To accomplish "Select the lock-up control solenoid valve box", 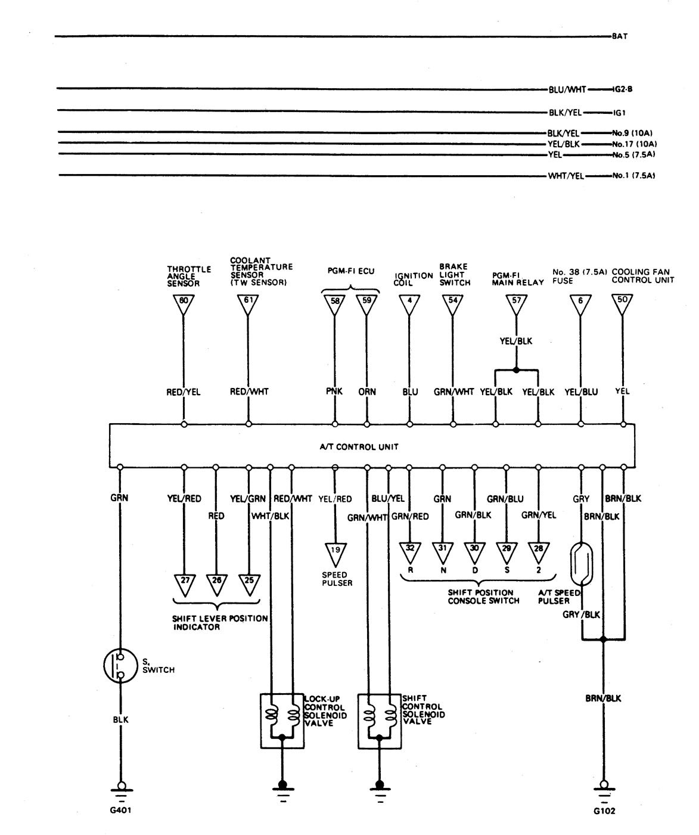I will point(282,720).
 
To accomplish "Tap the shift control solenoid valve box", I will point(378,720).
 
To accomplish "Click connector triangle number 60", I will point(183,303).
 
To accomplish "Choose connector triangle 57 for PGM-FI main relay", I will point(516,303).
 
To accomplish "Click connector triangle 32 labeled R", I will point(409,551).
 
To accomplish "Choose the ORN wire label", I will point(367,392).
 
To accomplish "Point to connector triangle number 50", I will point(623,303).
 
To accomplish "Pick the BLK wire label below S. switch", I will point(120,719).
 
